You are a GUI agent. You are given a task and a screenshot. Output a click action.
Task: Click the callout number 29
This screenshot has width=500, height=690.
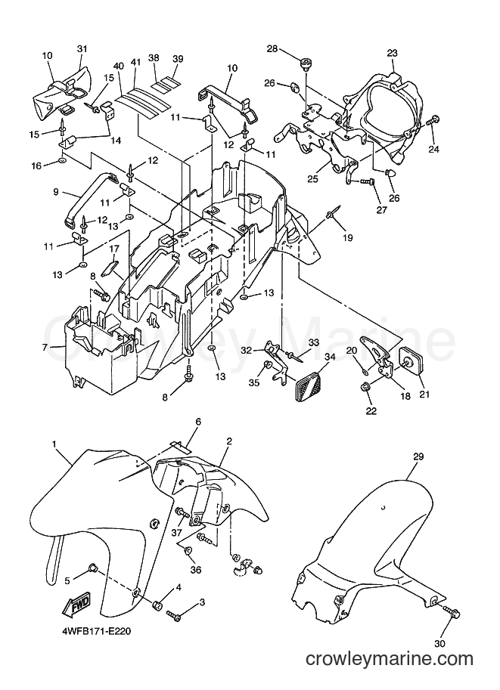click(x=418, y=456)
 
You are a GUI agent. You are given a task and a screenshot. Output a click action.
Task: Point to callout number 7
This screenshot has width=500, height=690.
click(x=45, y=347)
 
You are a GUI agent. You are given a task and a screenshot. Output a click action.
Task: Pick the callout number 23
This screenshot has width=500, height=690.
click(x=392, y=53)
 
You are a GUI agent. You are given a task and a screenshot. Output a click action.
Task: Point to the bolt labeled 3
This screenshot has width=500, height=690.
click(x=172, y=614)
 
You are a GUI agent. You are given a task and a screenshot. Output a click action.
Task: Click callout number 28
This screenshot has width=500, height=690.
click(x=272, y=48)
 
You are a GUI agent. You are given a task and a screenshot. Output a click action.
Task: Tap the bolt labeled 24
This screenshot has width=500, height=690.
click(x=433, y=119)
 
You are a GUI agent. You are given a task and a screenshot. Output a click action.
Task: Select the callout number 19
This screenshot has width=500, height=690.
click(x=348, y=237)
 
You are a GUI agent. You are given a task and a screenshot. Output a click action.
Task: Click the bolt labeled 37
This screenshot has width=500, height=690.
click(x=182, y=512)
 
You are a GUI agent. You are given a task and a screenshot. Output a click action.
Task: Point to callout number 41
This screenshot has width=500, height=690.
click(x=135, y=62)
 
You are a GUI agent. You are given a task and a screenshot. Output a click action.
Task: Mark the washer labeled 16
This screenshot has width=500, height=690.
click(x=62, y=159)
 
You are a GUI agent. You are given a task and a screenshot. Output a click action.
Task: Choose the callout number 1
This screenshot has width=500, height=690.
click(x=54, y=444)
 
